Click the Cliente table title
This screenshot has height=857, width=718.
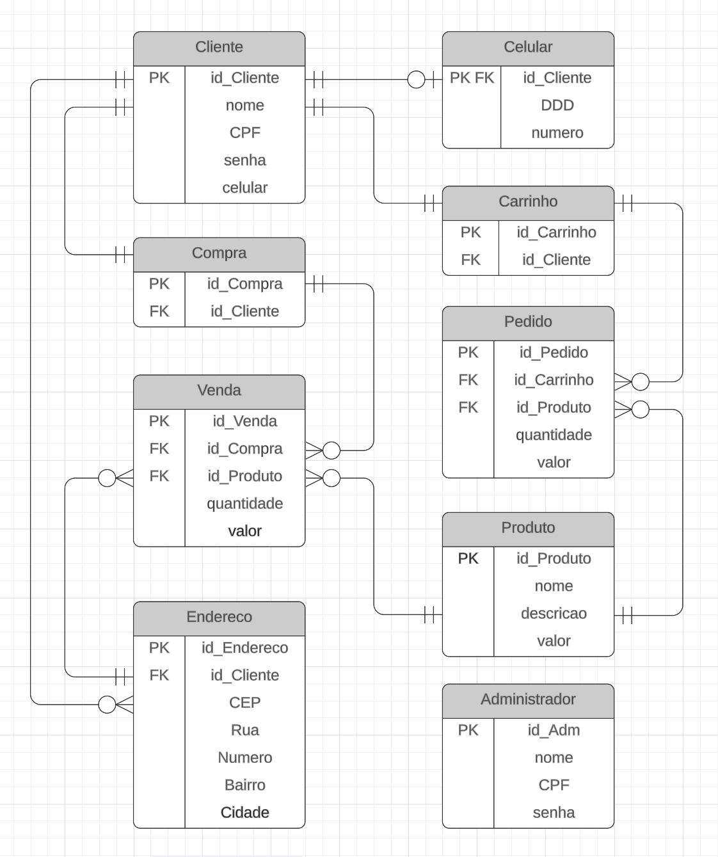(x=219, y=47)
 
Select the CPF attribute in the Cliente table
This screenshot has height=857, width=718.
(x=244, y=132)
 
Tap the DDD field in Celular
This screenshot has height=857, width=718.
(x=557, y=106)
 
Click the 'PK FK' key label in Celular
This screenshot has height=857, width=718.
(x=472, y=78)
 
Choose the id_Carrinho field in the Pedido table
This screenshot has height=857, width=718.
(x=554, y=380)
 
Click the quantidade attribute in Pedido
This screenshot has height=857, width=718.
(x=554, y=435)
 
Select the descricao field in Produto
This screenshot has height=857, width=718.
(x=554, y=613)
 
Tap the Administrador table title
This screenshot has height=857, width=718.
(x=528, y=699)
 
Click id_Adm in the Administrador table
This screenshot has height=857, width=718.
(x=554, y=730)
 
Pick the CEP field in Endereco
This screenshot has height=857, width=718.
(x=244, y=703)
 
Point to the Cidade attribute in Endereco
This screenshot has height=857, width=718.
(x=244, y=812)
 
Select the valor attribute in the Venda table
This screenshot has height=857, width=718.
(x=244, y=531)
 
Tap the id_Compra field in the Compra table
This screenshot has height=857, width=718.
(x=244, y=284)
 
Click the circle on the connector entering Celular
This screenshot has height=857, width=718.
(x=416, y=79)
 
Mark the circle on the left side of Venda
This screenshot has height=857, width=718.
(x=107, y=478)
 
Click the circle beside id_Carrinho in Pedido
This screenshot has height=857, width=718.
(x=641, y=381)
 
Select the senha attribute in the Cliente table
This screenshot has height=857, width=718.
(x=244, y=160)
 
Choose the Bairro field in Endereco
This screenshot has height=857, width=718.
(x=244, y=785)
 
